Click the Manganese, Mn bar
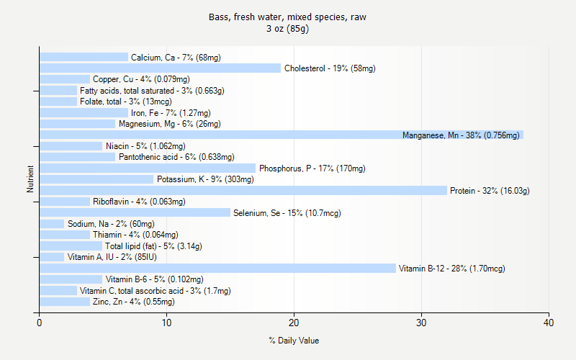tap(281, 135)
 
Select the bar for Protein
tap(243, 191)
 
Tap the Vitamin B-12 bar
tap(217, 269)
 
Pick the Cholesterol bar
tap(160, 68)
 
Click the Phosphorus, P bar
tap(148, 168)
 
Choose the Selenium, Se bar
tap(135, 213)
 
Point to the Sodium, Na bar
tap(52, 224)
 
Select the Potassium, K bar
tap(96, 179)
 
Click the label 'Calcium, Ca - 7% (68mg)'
tap(176, 58)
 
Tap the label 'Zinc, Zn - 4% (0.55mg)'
tap(133, 302)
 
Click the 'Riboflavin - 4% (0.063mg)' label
tap(139, 202)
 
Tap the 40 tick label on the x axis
tap(549, 323)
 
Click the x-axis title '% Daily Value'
tap(294, 341)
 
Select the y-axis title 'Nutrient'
tap(30, 179)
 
